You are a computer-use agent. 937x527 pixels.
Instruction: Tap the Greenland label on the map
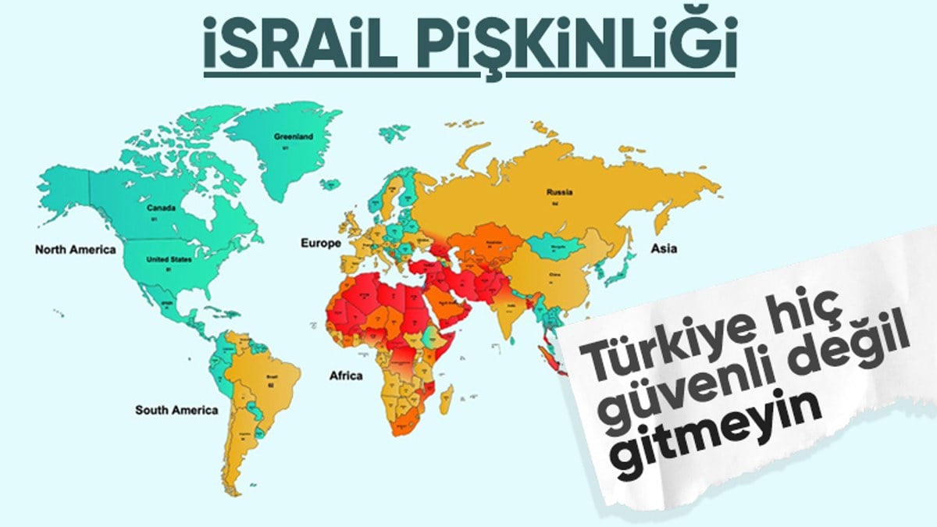coord(293,137)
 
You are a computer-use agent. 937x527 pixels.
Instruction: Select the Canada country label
coord(161,208)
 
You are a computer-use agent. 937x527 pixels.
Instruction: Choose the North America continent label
coord(75,250)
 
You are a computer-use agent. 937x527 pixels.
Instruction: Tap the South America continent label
coord(176,410)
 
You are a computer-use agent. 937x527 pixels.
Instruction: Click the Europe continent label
coord(321,244)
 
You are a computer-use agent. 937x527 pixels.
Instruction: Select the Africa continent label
coord(346,376)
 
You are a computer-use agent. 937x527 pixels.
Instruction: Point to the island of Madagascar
coord(446,397)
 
